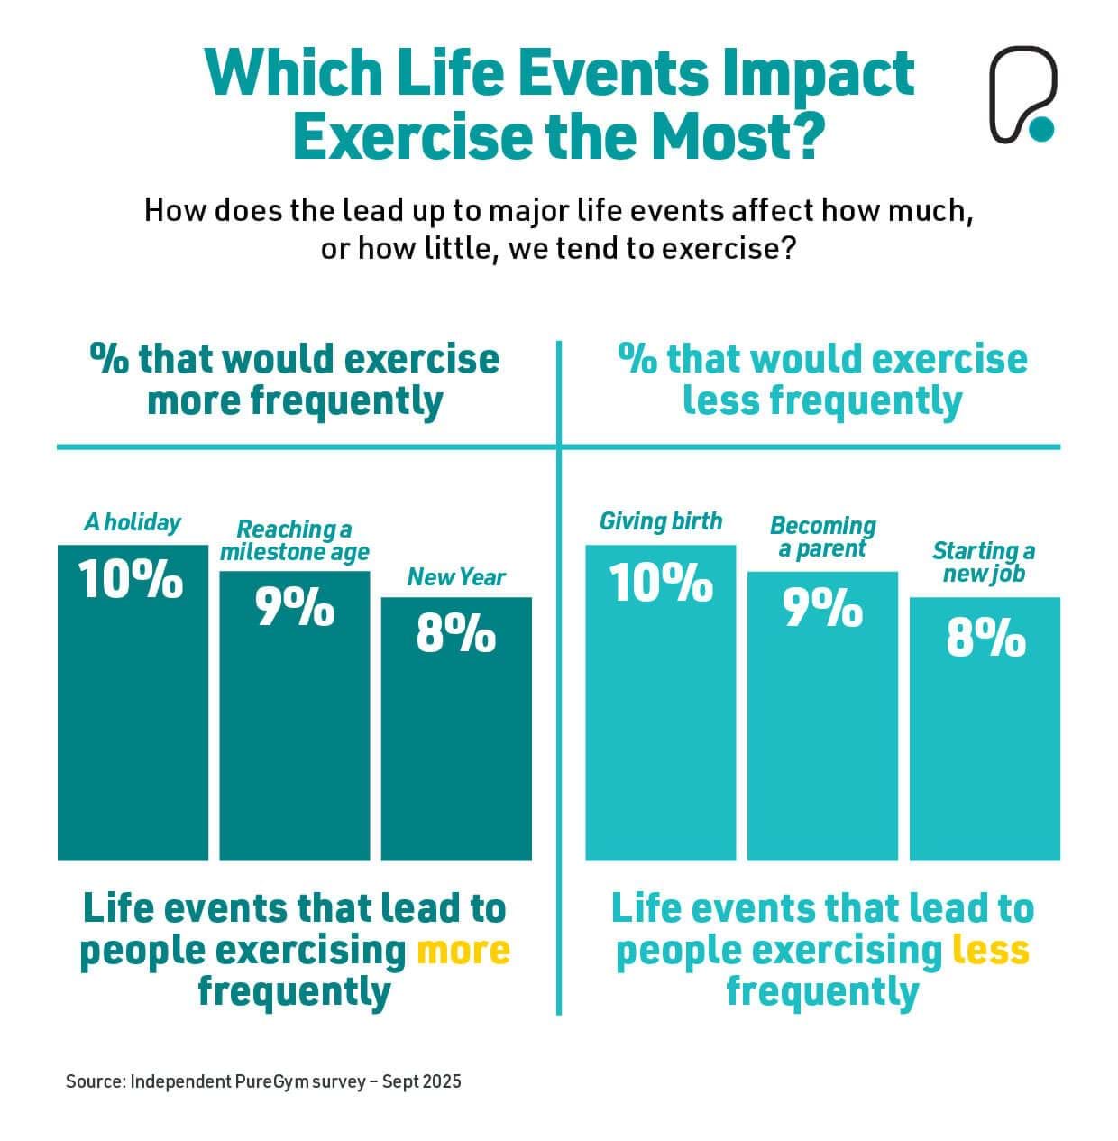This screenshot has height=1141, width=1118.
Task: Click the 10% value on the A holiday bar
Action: [x=132, y=579]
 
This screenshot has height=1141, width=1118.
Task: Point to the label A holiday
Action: [x=133, y=522]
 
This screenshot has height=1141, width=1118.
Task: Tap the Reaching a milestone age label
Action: [x=294, y=540]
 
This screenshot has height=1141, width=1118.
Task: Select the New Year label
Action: [x=456, y=577]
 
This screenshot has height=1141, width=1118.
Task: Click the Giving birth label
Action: [x=661, y=521]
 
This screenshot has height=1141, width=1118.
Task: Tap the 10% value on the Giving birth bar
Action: [x=661, y=583]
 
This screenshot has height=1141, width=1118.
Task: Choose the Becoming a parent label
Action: [x=822, y=537]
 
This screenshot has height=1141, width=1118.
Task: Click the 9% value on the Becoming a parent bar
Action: [x=822, y=609]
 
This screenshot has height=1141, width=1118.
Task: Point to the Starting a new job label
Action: [x=984, y=562]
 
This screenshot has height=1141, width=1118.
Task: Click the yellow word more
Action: [x=464, y=951]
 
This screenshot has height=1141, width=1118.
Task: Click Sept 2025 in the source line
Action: [x=421, y=1081]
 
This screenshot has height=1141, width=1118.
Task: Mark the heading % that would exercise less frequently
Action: [x=822, y=380]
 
